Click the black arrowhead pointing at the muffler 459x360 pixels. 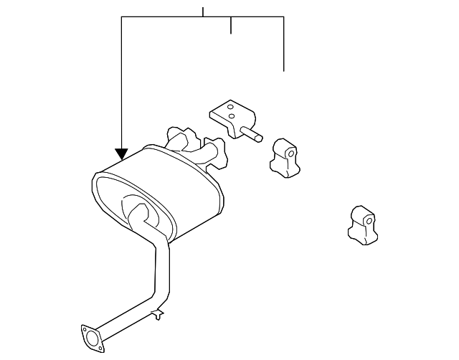tap(122, 153)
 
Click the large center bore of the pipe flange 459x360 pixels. tap(90, 338)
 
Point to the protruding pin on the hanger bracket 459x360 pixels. tap(255, 135)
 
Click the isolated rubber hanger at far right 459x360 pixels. tap(360, 224)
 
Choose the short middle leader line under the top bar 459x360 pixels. tap(230, 25)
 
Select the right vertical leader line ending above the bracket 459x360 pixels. tap(284, 43)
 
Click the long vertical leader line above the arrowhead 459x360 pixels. tap(122, 79)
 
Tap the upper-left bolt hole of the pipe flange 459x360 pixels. tap(84, 331)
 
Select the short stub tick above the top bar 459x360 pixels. tap(203, 11)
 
